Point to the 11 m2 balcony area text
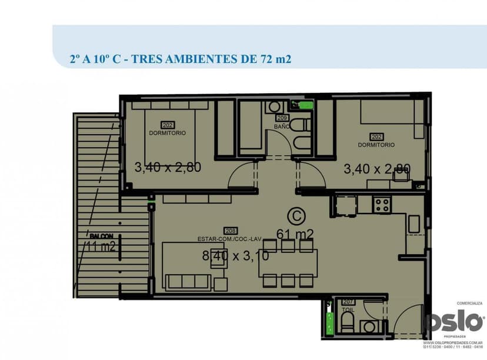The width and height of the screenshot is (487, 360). click(101, 246)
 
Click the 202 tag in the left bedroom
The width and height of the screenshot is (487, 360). click(167, 125)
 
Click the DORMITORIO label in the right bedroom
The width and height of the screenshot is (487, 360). click(376, 145)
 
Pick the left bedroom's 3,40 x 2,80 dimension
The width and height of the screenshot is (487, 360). click(168, 167)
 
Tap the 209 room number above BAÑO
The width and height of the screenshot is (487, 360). click(282, 118)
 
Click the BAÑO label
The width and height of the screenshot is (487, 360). click(282, 126)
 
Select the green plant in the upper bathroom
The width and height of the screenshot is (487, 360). click(306, 105)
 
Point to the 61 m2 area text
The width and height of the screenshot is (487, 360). click(295, 234)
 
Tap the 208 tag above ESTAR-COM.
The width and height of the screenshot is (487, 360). click(231, 231)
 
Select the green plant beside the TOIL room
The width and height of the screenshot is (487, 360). click(330, 322)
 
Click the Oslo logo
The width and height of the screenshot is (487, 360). click(455, 321)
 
